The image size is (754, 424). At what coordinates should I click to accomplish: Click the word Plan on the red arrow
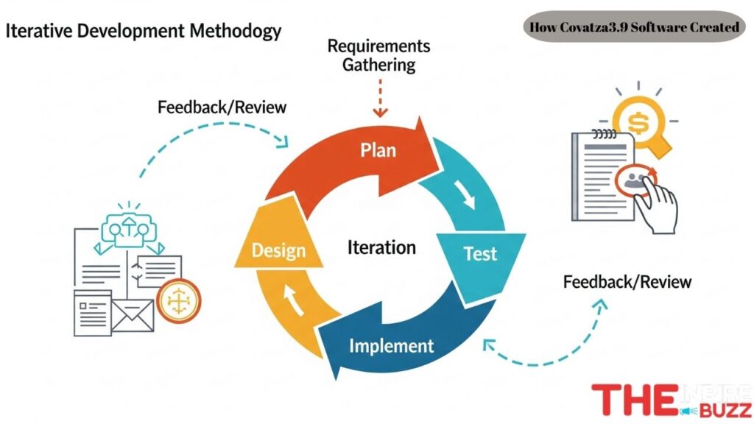378,150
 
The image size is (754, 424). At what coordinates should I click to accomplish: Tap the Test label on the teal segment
480,255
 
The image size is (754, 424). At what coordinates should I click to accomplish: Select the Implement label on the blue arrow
391,344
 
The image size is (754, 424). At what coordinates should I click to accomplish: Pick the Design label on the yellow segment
278,250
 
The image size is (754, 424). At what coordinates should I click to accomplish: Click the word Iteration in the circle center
381,248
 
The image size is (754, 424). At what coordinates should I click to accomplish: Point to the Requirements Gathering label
378,55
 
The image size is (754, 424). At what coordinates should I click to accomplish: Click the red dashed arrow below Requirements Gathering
380,99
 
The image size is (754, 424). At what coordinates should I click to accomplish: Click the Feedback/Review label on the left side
222,107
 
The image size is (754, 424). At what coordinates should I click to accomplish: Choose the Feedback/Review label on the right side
627,281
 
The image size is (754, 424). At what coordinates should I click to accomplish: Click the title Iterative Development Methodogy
144,32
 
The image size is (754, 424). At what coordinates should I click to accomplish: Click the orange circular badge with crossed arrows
179,300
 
